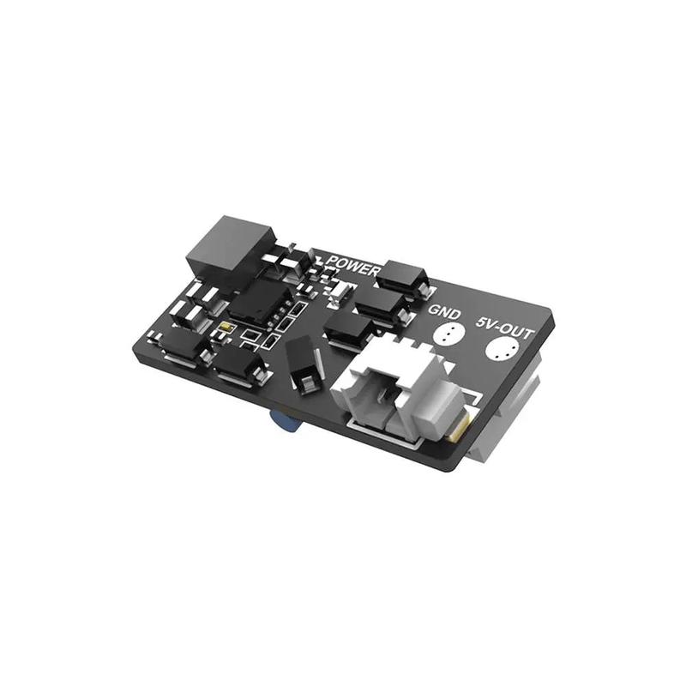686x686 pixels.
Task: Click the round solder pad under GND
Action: click(448, 335)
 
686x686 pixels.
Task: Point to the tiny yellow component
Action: click(225, 328)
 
